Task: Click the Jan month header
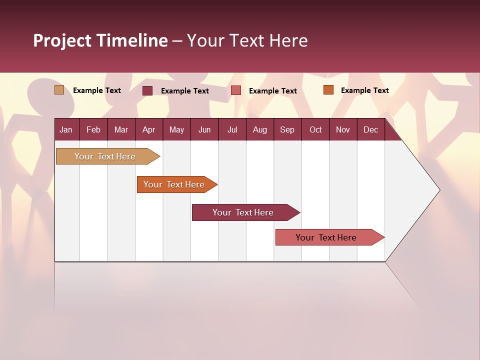(x=66, y=129)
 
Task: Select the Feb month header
(x=93, y=129)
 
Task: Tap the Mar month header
(x=121, y=129)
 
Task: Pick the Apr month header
(x=149, y=129)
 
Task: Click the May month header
(x=176, y=129)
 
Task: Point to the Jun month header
(x=204, y=129)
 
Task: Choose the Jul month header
(x=232, y=129)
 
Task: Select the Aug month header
(x=260, y=129)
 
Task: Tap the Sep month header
(x=287, y=129)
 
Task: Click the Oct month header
(x=315, y=129)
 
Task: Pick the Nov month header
(x=343, y=129)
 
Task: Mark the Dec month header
(x=371, y=129)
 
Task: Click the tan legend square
(x=59, y=90)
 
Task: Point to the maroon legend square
(x=147, y=90)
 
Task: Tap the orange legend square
(x=328, y=90)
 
